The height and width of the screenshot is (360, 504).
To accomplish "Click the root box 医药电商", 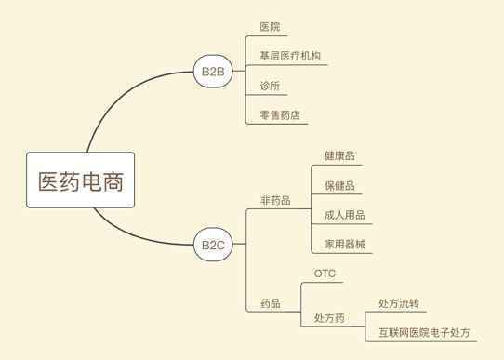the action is click(x=80, y=180).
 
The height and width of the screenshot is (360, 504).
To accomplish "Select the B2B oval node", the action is click(x=213, y=71).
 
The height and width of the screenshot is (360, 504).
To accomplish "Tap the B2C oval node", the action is click(x=213, y=245).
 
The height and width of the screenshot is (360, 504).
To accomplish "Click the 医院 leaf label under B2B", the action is click(x=270, y=27).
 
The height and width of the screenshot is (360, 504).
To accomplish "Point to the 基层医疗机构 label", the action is click(x=290, y=56).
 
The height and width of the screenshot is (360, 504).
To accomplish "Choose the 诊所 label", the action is click(x=270, y=86).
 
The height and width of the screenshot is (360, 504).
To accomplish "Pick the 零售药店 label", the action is click(x=280, y=115).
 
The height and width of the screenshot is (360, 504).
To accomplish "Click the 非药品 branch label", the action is click(x=275, y=200).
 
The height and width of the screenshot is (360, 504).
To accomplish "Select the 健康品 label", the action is click(x=339, y=156).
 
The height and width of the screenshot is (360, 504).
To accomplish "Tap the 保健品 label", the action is click(x=339, y=185).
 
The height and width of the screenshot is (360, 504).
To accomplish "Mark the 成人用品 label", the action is click(x=345, y=215).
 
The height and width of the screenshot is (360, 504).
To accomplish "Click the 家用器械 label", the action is click(x=345, y=245).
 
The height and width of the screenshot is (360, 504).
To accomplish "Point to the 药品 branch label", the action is click(x=271, y=303).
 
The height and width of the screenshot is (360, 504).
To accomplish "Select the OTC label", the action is click(x=325, y=273).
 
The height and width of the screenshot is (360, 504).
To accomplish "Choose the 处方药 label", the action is click(x=329, y=318).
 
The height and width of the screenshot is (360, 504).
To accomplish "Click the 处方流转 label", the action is click(x=399, y=303).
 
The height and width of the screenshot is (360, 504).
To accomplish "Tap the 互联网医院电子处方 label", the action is click(x=424, y=332).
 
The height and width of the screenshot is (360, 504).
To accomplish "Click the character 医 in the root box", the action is click(x=49, y=181).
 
